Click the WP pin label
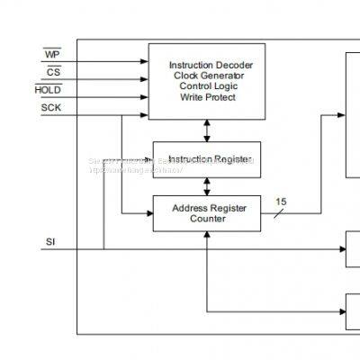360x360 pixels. pyautogui.click(x=51, y=56)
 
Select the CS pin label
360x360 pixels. pyautogui.click(x=54, y=73)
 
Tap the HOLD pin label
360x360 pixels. pyautogui.click(x=48, y=90)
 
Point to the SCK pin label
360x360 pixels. pyautogui.click(x=51, y=108)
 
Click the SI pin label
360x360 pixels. pyautogui.click(x=50, y=242)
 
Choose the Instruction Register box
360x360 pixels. pyautogui.click(x=207, y=159)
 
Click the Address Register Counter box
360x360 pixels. pyautogui.click(x=207, y=212)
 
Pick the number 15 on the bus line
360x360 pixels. pyautogui.click(x=281, y=202)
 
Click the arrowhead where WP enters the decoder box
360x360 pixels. pyautogui.click(x=145, y=62)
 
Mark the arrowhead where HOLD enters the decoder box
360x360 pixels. pyautogui.click(x=145, y=96)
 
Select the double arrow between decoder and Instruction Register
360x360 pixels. pyautogui.click(x=207, y=130)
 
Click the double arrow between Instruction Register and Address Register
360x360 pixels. pyautogui.click(x=207, y=186)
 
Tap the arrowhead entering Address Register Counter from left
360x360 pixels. pyautogui.click(x=148, y=213)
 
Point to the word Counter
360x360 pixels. pyautogui.click(x=207, y=219)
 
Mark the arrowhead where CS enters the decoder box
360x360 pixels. pyautogui.click(x=145, y=79)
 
